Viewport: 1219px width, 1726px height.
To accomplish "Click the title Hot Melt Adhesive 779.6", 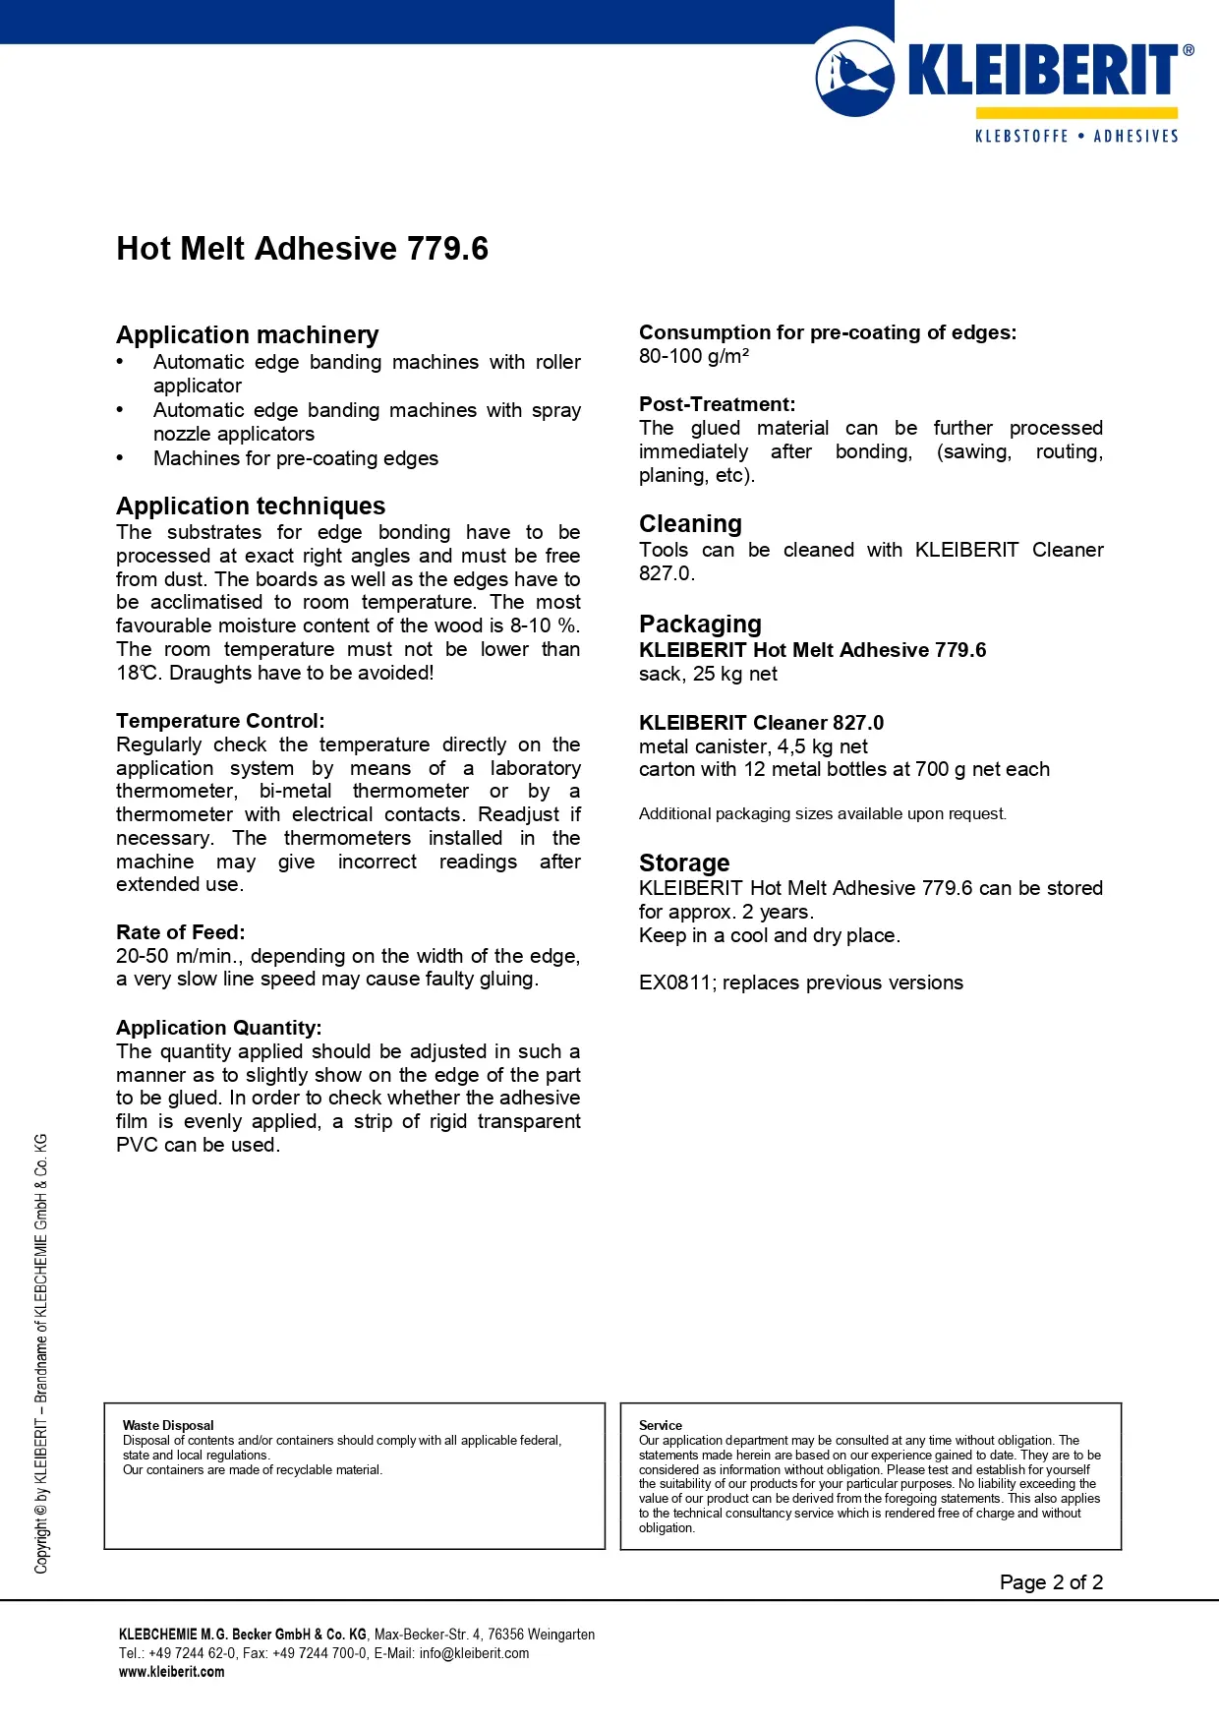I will (x=302, y=249).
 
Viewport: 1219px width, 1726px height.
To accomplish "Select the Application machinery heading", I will (x=247, y=335).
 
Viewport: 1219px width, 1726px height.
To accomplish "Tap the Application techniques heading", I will (x=251, y=506).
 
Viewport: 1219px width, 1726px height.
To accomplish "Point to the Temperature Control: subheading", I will (x=220, y=721).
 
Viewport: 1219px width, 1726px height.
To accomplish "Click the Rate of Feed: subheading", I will (x=181, y=932).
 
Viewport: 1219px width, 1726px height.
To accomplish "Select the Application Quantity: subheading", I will (x=219, y=1028).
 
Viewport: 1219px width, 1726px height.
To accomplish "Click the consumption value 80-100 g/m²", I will (x=694, y=356).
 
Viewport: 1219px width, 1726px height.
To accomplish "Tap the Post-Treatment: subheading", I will (x=717, y=404).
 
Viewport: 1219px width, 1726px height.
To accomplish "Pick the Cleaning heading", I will (x=690, y=524).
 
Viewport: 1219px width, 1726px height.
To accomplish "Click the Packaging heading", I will (x=700, y=625).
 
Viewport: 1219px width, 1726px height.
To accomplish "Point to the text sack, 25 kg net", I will (x=708, y=674).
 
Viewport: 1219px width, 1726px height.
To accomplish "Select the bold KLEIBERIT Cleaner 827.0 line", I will (x=761, y=723).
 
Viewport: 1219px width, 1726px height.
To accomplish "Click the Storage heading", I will (x=684, y=863).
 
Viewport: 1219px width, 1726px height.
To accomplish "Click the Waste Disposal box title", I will (x=168, y=1425).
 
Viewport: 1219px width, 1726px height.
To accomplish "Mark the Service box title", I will (x=661, y=1425).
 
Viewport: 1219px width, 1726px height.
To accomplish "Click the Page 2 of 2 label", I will (x=1051, y=1582).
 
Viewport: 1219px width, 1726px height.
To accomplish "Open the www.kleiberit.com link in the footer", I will (x=172, y=1672).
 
